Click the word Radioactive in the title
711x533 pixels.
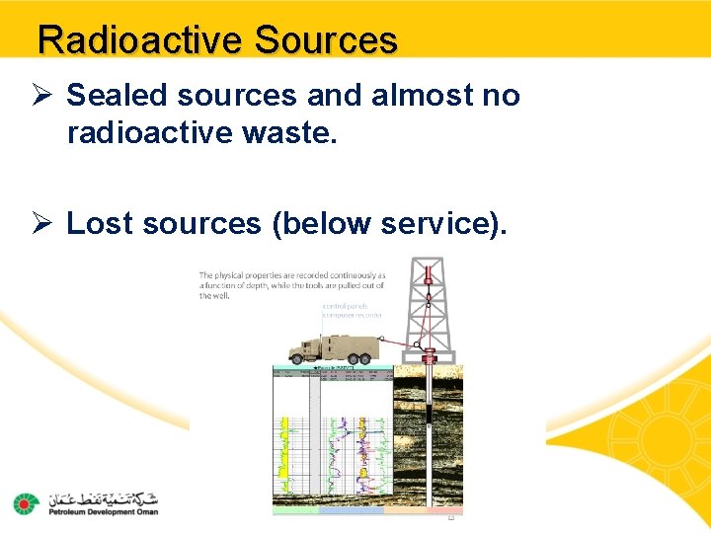[x=139, y=40]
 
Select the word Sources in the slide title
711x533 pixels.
[x=325, y=40]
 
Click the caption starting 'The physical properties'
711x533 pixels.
[x=291, y=285]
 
